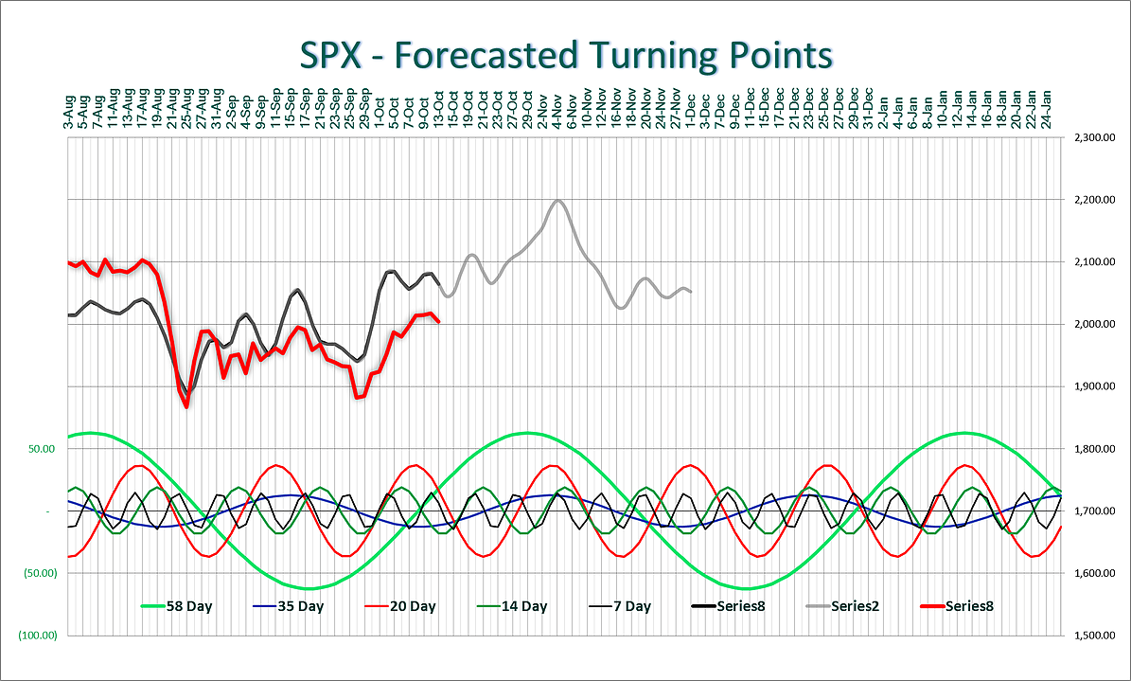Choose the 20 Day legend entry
[x=413, y=606]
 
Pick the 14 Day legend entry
[x=522, y=606]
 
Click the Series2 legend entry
[x=855, y=606]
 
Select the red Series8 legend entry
[x=969, y=606]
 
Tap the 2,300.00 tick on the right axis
[x=1094, y=138]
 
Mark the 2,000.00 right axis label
[x=1094, y=325]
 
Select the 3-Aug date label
[x=69, y=113]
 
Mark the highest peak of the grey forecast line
[x=557, y=200]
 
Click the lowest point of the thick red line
[x=186, y=406]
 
